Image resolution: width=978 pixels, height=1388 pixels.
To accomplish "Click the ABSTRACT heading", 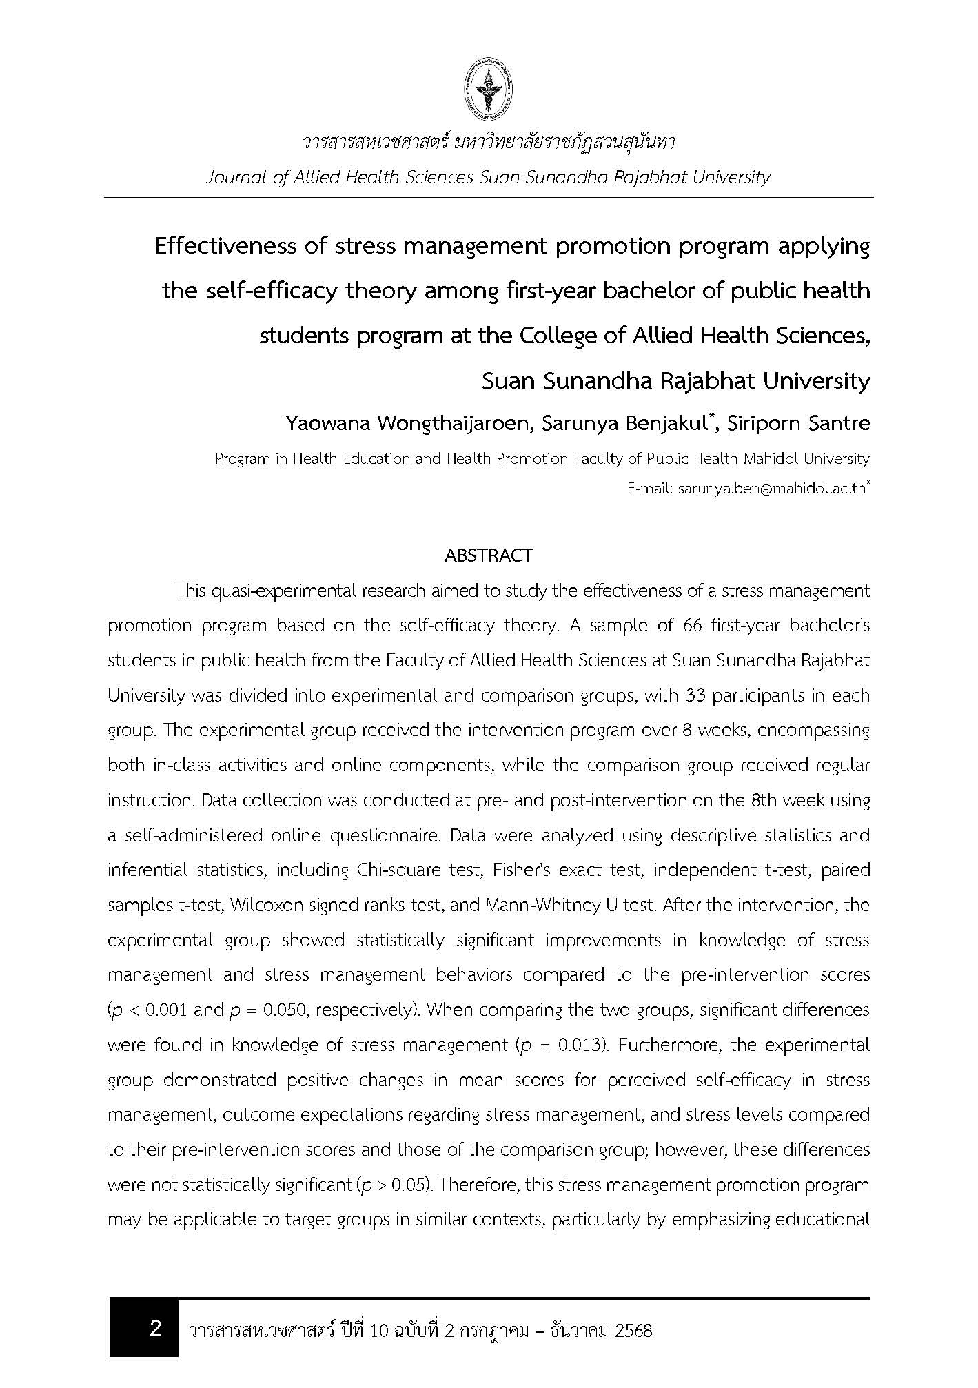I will click(x=489, y=555).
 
